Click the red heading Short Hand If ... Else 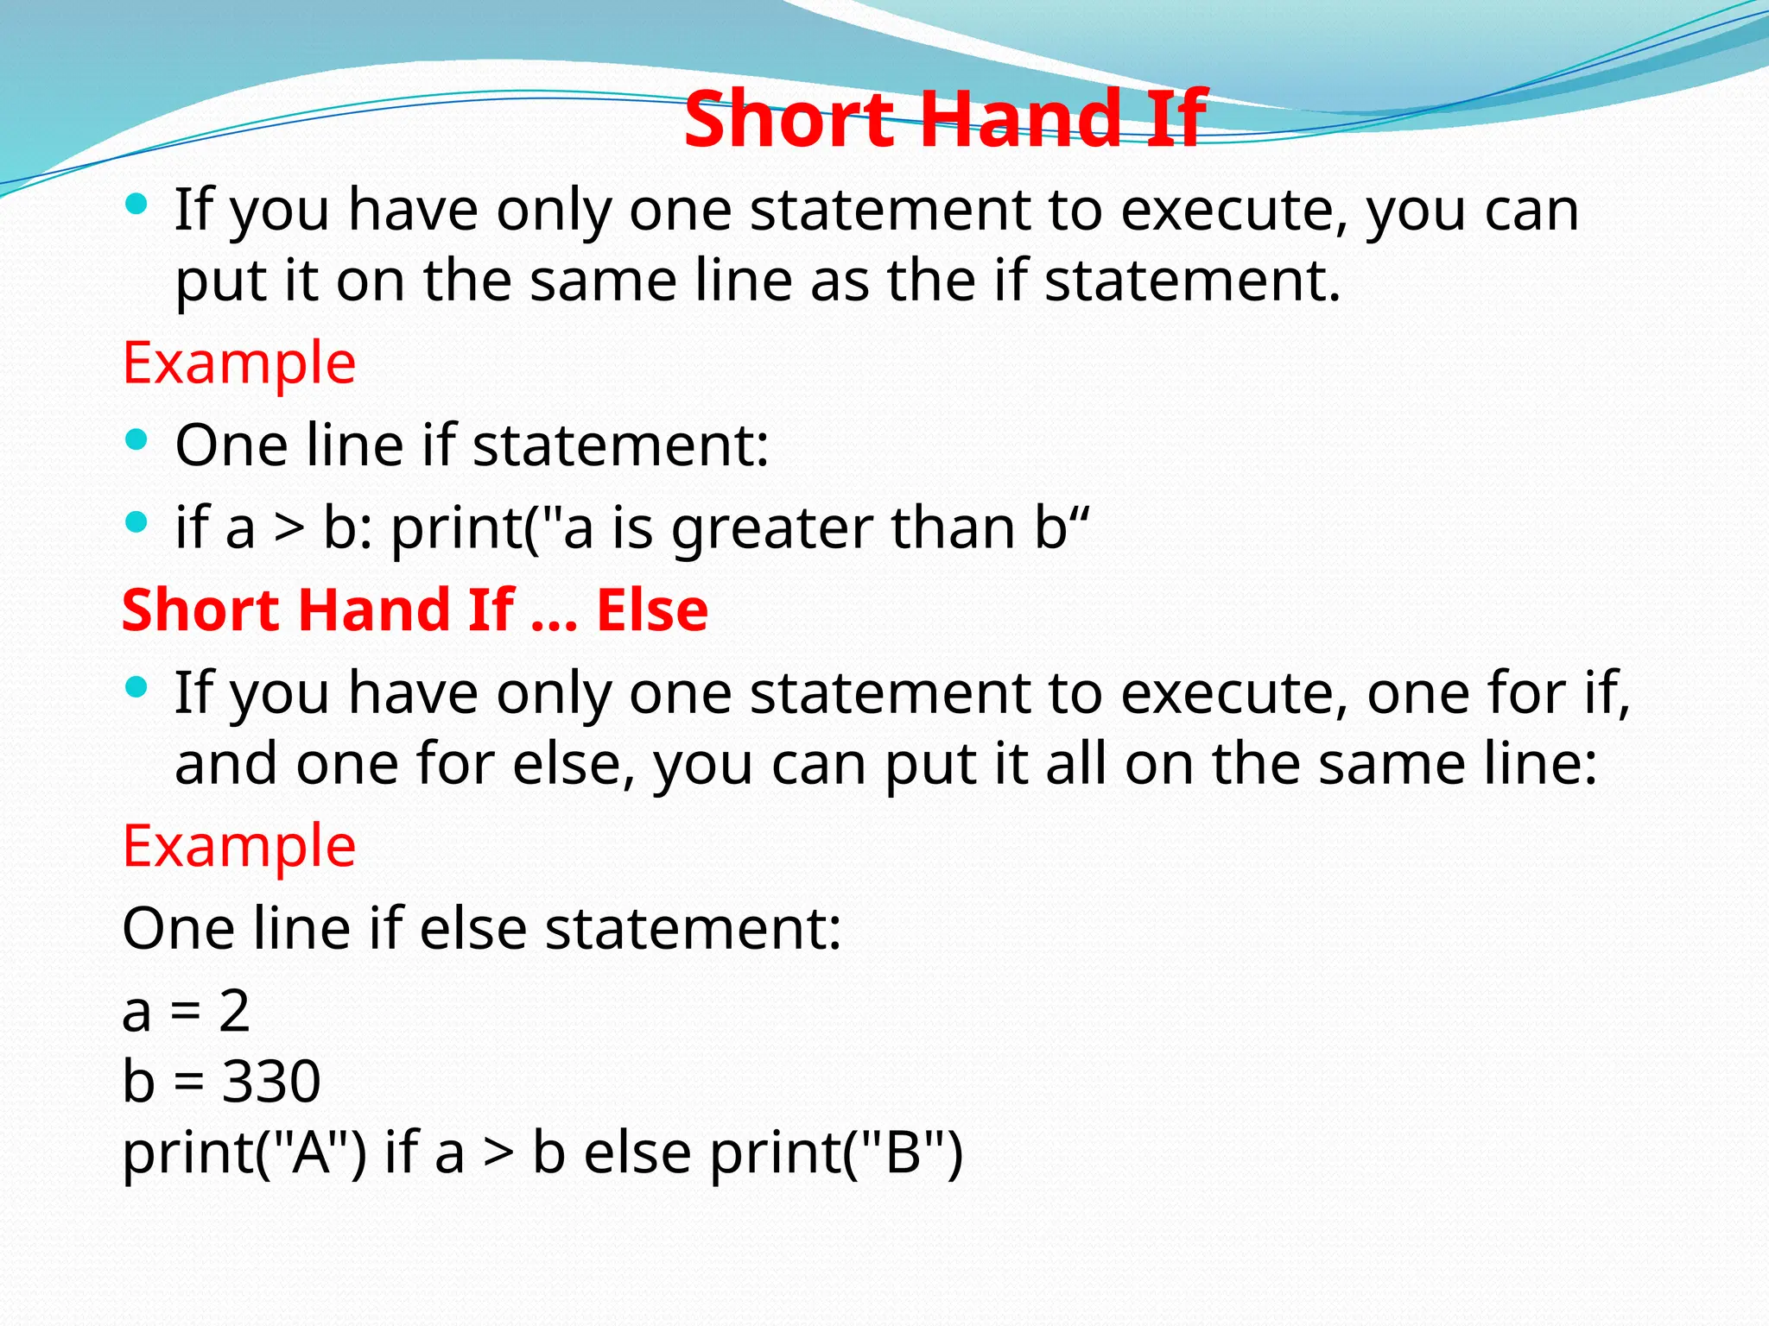coord(415,610)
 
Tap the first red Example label coord(239,363)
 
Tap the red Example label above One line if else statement coord(239,846)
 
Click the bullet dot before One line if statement coord(136,440)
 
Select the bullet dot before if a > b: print coord(136,521)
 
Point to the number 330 coord(271,1081)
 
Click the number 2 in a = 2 coord(234,1010)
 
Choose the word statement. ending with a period coord(1193,281)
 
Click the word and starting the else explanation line coord(225,764)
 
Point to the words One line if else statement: coord(481,929)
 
